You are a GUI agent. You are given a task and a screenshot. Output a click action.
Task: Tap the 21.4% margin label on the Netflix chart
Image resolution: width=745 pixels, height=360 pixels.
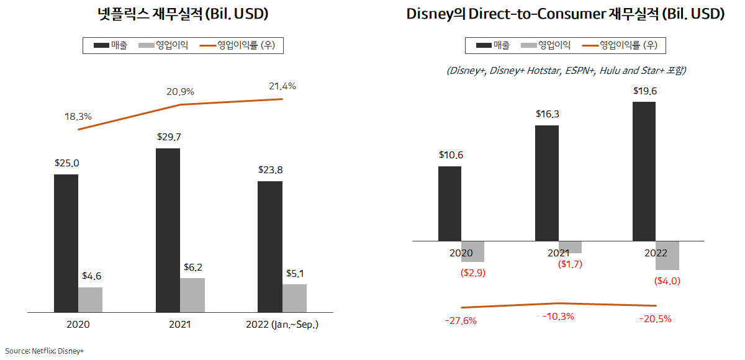(282, 86)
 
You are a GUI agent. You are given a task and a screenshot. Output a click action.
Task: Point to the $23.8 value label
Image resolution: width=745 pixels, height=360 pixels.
(270, 170)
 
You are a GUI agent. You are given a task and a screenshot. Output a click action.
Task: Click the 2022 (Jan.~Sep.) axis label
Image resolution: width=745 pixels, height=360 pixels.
(282, 325)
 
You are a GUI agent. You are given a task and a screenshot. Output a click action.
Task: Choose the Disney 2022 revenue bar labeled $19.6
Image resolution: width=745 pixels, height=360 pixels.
(644, 171)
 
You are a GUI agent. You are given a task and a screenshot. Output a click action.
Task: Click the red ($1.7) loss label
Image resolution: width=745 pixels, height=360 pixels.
(571, 264)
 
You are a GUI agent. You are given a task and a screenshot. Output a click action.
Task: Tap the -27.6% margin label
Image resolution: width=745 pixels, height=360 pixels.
(461, 320)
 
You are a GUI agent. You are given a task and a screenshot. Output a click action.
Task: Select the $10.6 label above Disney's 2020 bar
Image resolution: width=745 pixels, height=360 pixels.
(450, 155)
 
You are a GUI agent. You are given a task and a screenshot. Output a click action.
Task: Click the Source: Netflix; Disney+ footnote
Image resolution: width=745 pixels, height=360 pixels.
(45, 351)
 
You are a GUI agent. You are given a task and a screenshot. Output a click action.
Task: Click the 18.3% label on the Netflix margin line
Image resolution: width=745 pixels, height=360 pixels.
(78, 116)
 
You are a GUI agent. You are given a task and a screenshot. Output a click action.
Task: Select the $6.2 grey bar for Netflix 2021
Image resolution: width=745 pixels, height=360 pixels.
(192, 295)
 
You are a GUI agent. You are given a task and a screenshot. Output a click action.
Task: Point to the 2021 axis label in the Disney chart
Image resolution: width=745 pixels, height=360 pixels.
(558, 253)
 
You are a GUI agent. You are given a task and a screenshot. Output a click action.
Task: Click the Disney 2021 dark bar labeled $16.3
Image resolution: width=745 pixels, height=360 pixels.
(547, 182)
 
